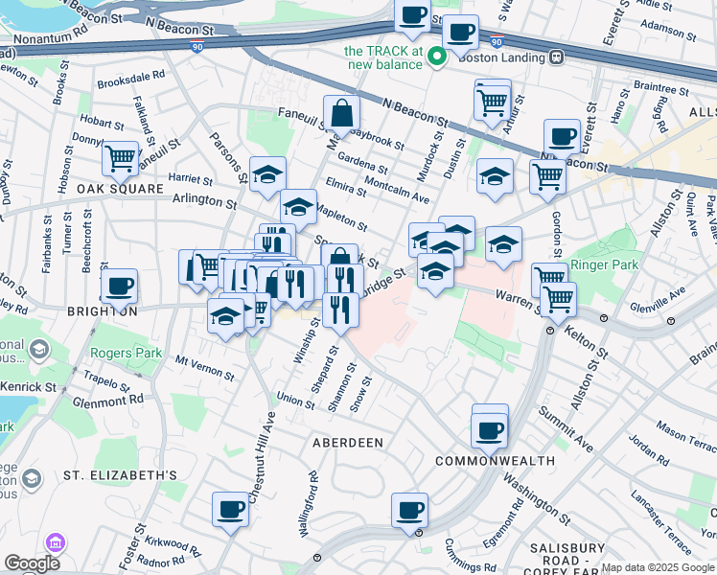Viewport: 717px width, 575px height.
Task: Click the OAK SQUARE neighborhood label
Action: (x=121, y=189)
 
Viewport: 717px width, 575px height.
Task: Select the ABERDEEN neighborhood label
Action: (x=348, y=443)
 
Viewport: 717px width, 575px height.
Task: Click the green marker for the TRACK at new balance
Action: (x=436, y=57)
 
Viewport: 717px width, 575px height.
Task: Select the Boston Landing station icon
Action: (x=555, y=57)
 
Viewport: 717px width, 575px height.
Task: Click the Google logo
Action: (x=32, y=563)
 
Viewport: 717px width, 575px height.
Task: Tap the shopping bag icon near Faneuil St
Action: (x=341, y=114)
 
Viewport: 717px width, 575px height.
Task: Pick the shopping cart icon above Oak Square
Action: (x=120, y=158)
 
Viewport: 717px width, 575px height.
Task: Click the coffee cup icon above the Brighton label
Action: (x=120, y=286)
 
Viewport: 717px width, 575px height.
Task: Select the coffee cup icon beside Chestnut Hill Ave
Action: (x=230, y=509)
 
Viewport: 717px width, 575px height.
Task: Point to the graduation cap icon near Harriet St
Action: (x=267, y=175)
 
